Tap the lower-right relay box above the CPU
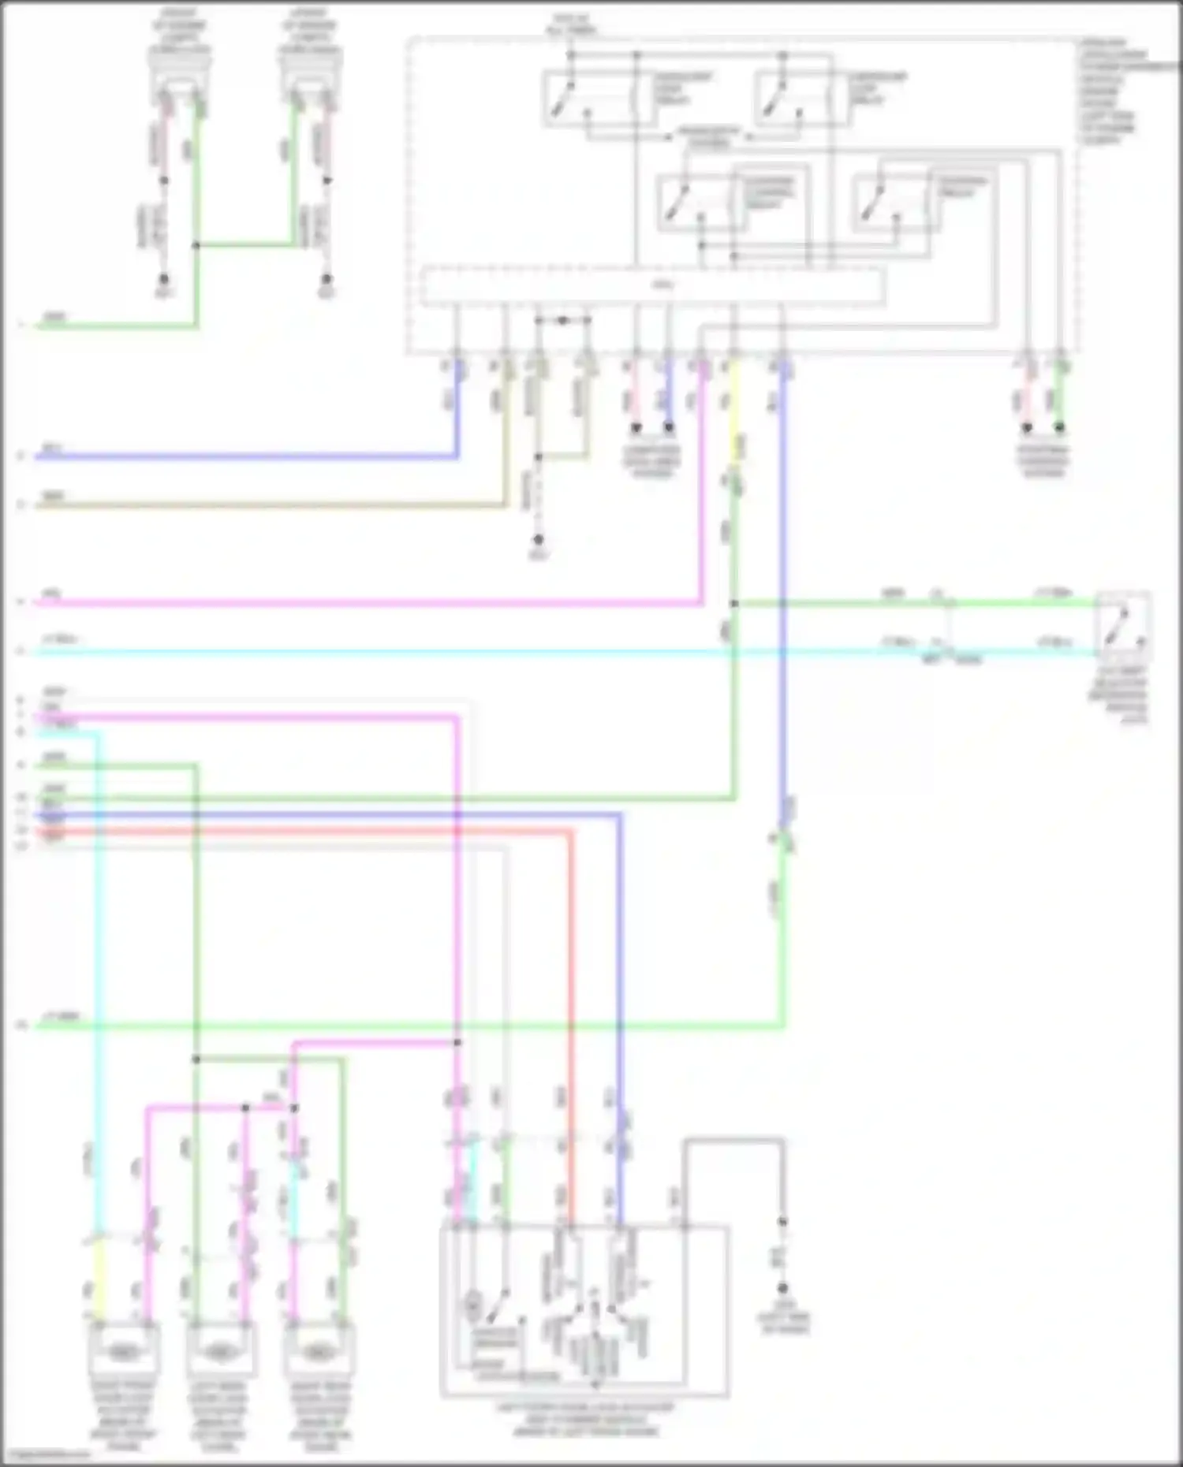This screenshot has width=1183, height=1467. pos(896,202)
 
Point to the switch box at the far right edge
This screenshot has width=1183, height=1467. pos(1123,625)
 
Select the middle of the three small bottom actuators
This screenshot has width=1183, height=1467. pos(221,1351)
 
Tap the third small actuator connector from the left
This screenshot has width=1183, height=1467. pos(319,1351)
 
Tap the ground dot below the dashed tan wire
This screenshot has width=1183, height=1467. pos(539,540)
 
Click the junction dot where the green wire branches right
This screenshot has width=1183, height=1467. pos(733,604)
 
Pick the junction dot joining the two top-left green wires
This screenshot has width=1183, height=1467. pos(196,246)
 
